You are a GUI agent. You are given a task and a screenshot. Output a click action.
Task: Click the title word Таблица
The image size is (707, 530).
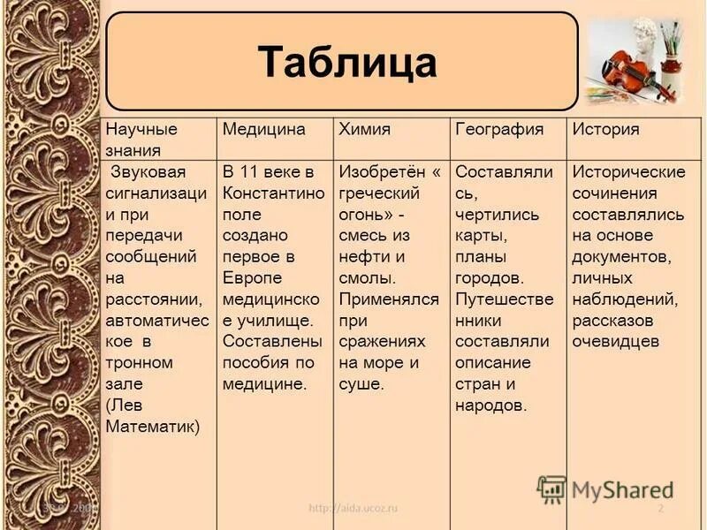point(347,62)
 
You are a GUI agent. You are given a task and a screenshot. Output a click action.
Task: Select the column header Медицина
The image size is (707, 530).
point(263,129)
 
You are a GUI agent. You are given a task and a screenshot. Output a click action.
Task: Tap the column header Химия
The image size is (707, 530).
point(364,129)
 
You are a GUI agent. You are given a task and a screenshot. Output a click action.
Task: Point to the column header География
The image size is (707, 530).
point(498,129)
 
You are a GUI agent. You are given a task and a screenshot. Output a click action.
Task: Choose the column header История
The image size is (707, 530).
point(605,129)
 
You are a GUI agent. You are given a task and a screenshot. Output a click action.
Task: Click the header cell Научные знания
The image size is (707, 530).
point(141,140)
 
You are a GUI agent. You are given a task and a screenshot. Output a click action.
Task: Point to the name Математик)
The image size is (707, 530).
point(153,427)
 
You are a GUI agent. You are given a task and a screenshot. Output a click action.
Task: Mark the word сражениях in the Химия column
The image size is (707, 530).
point(382,342)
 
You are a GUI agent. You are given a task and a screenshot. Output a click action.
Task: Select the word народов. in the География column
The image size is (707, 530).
point(490,405)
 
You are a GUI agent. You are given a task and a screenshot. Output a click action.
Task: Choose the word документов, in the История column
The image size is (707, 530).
point(622,257)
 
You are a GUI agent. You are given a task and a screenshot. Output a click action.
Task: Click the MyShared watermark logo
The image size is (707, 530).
point(605,488)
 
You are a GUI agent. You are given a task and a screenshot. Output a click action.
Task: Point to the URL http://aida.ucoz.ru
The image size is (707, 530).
point(353,509)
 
